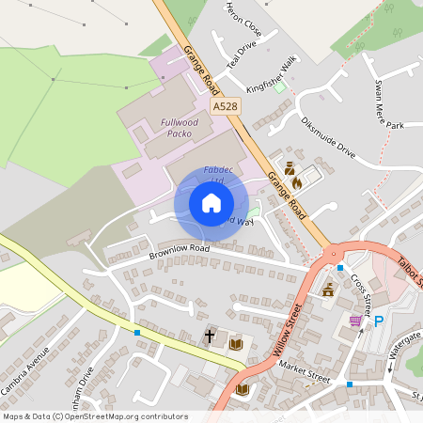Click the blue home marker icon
point(211,202)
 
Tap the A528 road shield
point(224,108)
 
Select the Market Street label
point(304,377)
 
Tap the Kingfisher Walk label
point(271,74)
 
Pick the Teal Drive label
point(243,56)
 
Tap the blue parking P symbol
point(380,321)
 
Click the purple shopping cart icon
point(355,321)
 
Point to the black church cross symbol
point(210,336)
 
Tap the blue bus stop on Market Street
point(349,384)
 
